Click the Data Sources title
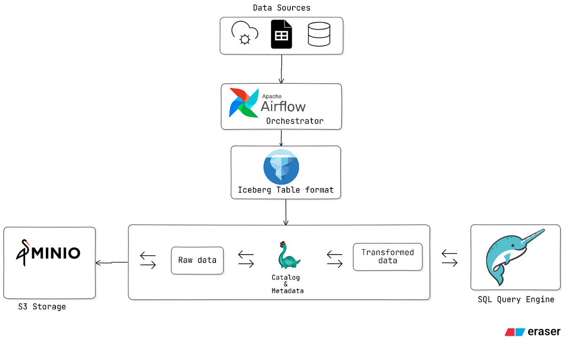pyautogui.click(x=281, y=8)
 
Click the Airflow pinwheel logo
pyautogui.click(x=243, y=102)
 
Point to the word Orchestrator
pyautogui.click(x=294, y=121)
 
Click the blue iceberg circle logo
pyautogui.click(x=281, y=168)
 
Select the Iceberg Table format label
pyautogui.click(x=286, y=190)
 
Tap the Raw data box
pyautogui.click(x=197, y=260)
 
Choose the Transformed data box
pyautogui.click(x=387, y=256)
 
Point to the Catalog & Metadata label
pyautogui.click(x=287, y=284)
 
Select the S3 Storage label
pyautogui.click(x=42, y=307)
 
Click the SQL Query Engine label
pyautogui.click(x=516, y=299)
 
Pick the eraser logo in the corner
pyautogui.click(x=532, y=332)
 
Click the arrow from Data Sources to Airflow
pyautogui.click(x=281, y=68)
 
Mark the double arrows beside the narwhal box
pyautogui.click(x=450, y=259)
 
